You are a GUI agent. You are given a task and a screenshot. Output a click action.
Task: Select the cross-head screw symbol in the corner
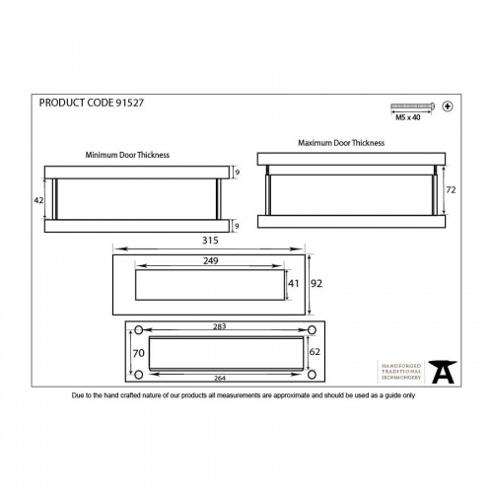click(447, 106)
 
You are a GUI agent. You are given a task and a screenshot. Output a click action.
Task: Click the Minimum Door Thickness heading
click(128, 155)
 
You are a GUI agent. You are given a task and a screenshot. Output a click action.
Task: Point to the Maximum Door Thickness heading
click(341, 143)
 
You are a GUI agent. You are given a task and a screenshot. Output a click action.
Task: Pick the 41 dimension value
click(293, 283)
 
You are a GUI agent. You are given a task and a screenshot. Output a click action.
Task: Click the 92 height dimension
click(317, 283)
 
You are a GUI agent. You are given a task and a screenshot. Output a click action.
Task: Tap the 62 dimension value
click(313, 349)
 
